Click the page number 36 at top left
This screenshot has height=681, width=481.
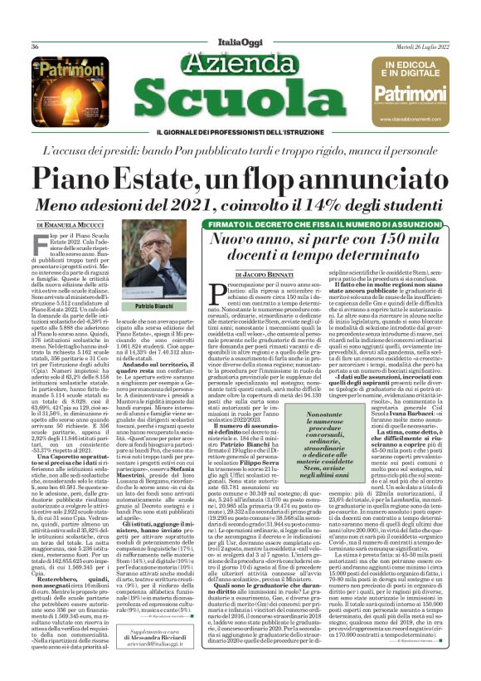36,47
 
